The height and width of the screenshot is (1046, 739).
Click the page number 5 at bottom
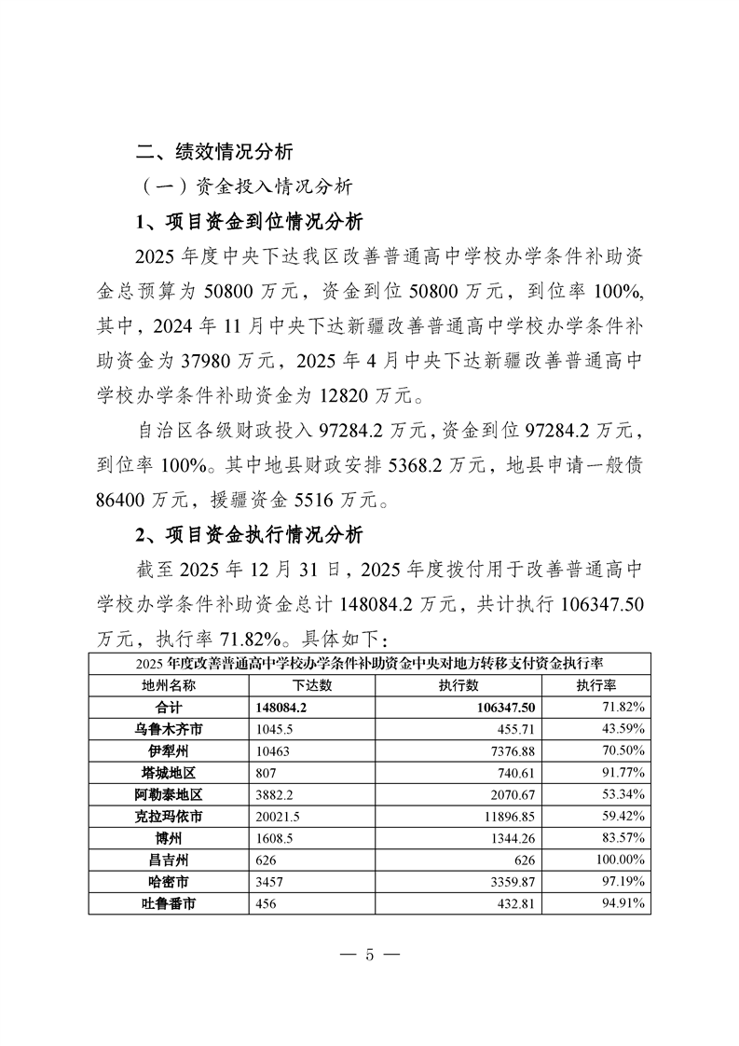point(369,954)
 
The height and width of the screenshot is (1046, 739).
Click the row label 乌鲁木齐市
point(168,729)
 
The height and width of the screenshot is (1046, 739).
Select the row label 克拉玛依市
point(168,816)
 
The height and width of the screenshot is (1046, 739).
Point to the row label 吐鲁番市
point(168,902)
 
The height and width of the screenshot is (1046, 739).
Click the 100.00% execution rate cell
point(625,859)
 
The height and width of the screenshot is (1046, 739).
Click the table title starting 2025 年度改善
point(369,664)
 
